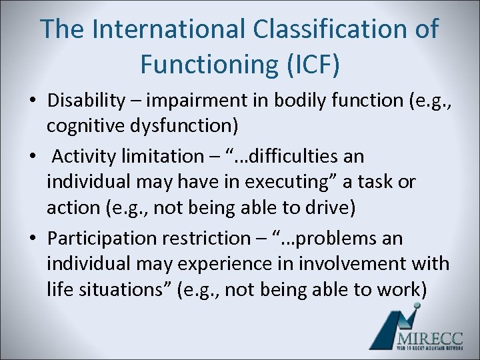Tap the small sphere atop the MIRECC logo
click(x=417, y=306)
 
